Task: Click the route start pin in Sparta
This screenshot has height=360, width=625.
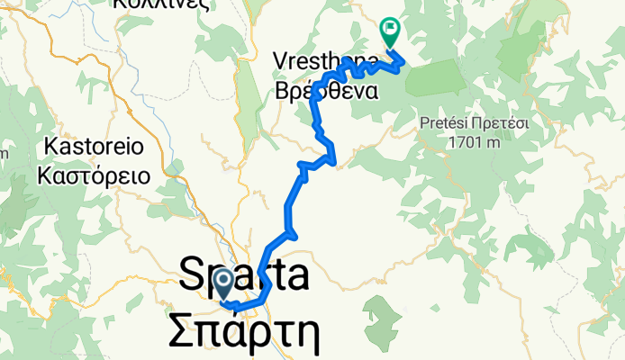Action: click(224, 286)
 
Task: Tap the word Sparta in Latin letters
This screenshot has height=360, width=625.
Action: click(243, 274)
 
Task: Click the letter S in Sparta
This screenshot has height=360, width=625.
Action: click(192, 274)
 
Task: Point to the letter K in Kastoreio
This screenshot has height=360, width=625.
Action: click(50, 146)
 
